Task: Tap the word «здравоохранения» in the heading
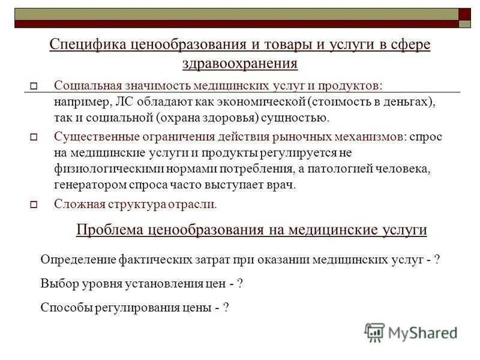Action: point(239,63)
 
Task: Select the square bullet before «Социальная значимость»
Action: point(34,86)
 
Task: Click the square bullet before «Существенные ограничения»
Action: point(34,138)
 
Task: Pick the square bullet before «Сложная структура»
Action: point(34,205)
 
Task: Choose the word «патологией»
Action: point(340,169)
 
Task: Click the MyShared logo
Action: point(410,332)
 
